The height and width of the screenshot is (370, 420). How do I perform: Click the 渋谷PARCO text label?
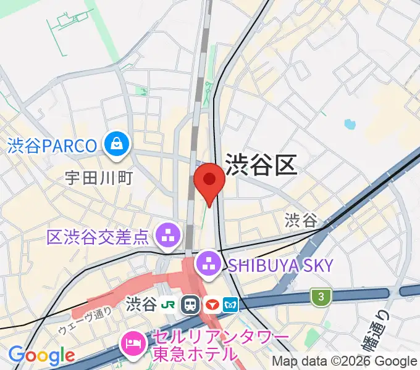tap(53, 146)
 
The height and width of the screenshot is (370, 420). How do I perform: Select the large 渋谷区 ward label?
tap(261, 165)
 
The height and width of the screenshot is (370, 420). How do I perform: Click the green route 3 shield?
tap(321, 297)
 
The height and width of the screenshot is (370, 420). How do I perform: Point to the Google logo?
tap(41, 355)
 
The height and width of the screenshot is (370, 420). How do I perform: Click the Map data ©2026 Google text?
tap(345, 361)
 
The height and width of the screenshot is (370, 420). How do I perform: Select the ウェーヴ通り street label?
tap(84, 321)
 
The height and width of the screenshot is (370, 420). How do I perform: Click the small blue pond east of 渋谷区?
tap(350, 124)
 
